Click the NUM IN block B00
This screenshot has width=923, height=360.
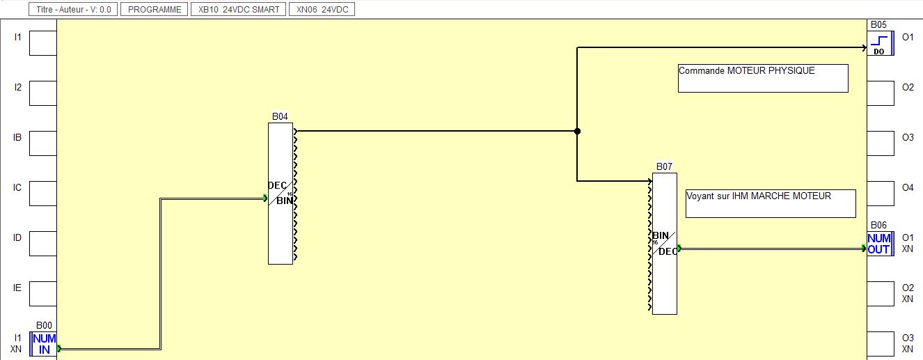[44, 344]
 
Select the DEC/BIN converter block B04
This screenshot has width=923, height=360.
[281, 194]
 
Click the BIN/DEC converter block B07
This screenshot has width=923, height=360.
[665, 243]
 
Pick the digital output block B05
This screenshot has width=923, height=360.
[880, 43]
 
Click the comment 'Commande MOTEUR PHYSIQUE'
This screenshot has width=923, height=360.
[763, 78]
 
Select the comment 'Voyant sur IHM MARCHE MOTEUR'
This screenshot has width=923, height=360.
[771, 203]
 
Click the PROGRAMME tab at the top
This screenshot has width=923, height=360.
[155, 10]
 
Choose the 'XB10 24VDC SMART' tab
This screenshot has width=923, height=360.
[239, 10]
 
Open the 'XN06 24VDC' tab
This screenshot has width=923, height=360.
[323, 10]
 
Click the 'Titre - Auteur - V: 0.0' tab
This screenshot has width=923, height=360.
[73, 10]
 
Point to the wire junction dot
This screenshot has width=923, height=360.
[577, 131]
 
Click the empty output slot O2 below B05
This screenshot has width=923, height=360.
[880, 93]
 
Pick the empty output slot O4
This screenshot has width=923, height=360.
[880, 194]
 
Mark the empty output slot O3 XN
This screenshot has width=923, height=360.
[880, 344]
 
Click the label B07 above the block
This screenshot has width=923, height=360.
[664, 167]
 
